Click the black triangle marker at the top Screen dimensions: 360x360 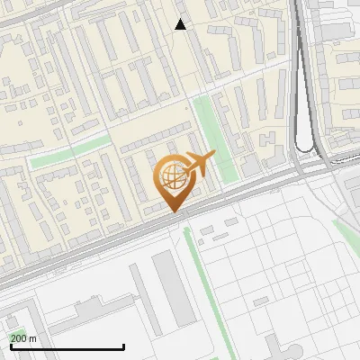pos(181,24)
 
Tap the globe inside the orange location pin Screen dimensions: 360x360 pos(171,176)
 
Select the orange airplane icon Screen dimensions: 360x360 pos(199,164)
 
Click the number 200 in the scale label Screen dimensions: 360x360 pos(19,338)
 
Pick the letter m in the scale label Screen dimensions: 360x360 pos(32,338)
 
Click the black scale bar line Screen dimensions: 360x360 pos(67,347)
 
